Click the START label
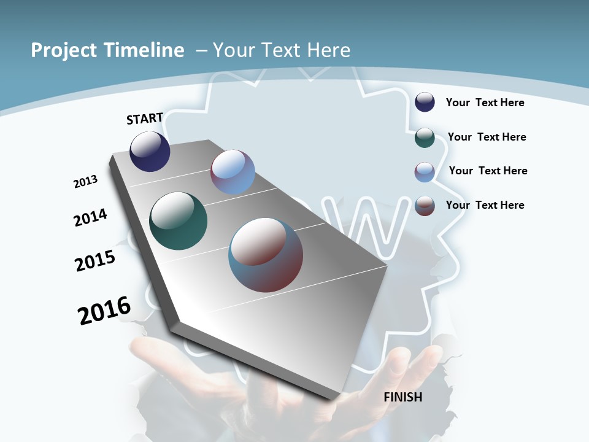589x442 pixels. coord(145,118)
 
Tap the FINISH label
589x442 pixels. coord(402,397)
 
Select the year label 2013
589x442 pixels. coord(85,182)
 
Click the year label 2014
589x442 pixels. coord(90,217)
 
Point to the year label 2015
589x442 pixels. coord(95,261)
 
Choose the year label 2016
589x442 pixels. coord(104,310)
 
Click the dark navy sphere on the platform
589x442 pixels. coord(150,151)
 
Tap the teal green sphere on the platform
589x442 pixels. coord(178,221)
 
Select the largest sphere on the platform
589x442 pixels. coord(266,254)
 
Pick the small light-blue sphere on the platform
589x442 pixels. coord(233,172)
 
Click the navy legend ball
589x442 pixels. coord(425,102)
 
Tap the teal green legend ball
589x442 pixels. coord(425,138)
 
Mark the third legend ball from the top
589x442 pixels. coord(425,172)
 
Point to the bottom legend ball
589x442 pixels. coord(425,206)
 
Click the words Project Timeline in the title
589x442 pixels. coord(107,50)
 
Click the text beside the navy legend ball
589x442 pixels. coord(485,103)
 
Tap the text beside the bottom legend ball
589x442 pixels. coord(485,205)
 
